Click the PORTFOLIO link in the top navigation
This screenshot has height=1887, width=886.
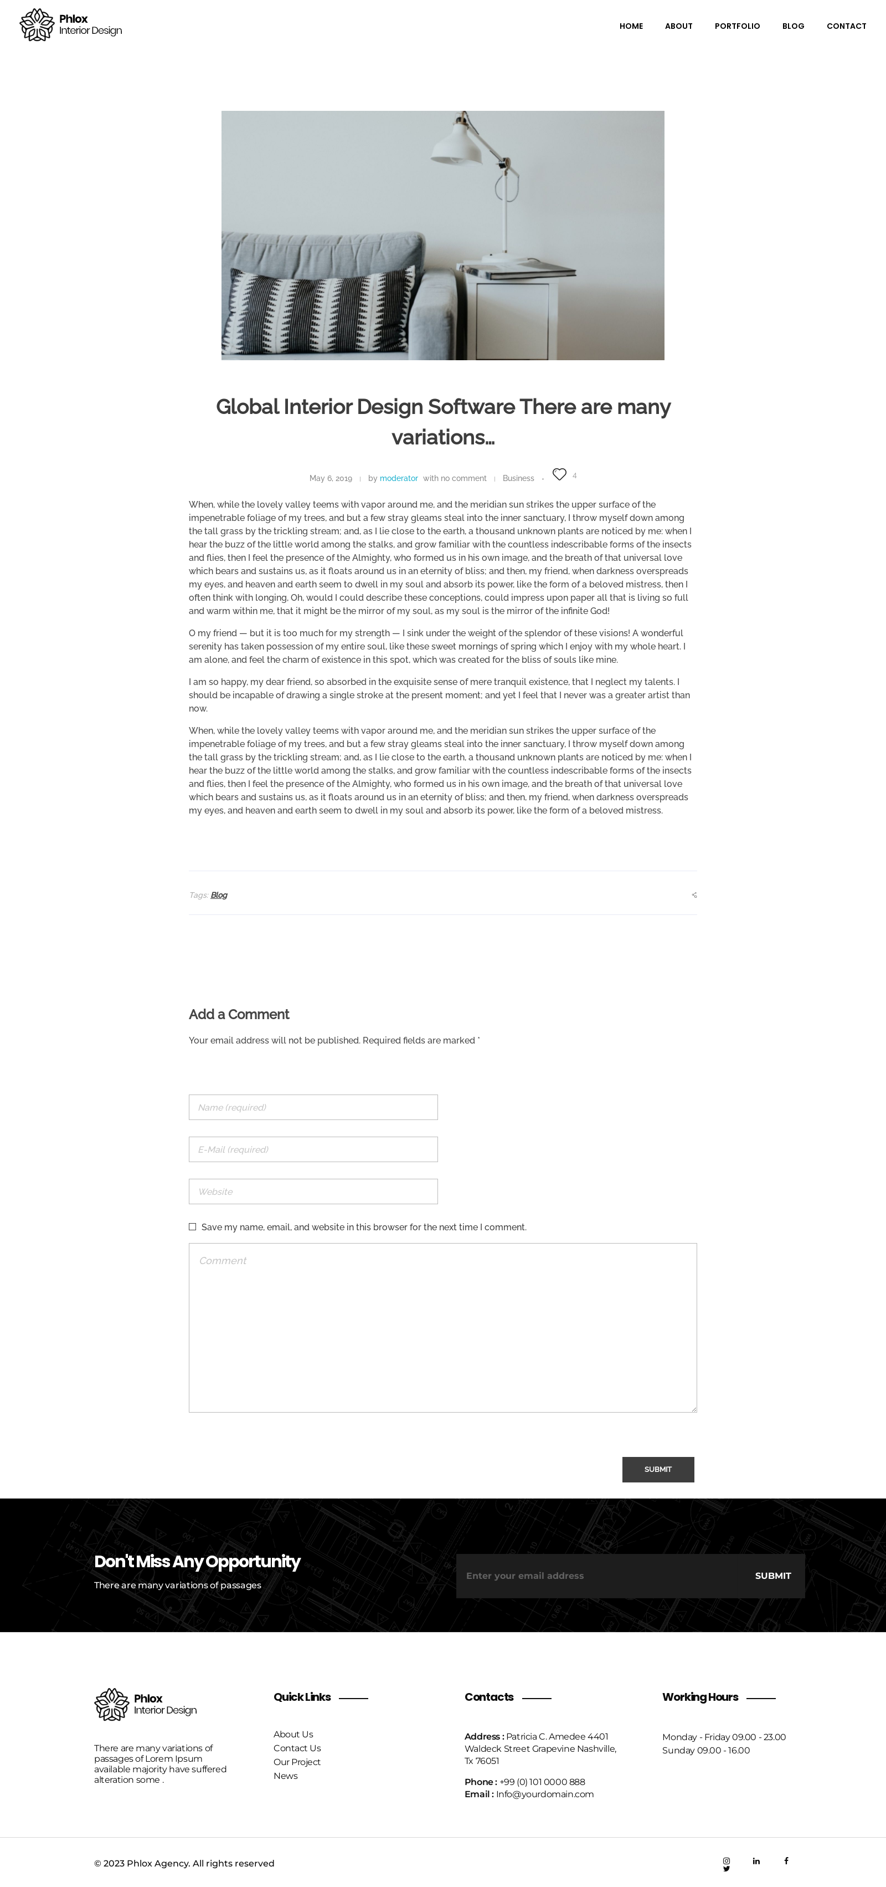pyautogui.click(x=736, y=27)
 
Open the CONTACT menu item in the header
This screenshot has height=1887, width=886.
pyautogui.click(x=846, y=27)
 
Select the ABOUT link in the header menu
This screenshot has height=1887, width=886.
pyautogui.click(x=678, y=27)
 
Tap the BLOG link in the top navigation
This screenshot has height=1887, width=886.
pyautogui.click(x=793, y=27)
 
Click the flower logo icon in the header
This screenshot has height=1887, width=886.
pyautogui.click(x=37, y=25)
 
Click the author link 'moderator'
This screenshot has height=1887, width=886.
pyautogui.click(x=398, y=478)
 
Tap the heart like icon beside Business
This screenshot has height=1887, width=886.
pyautogui.click(x=559, y=474)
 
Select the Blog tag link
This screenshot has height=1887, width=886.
pyautogui.click(x=219, y=895)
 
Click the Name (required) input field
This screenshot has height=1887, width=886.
pyautogui.click(x=313, y=1107)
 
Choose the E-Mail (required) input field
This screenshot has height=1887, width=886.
pyautogui.click(x=313, y=1149)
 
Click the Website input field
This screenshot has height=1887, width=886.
pyautogui.click(x=313, y=1191)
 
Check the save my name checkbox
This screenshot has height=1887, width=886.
pyautogui.click(x=193, y=1227)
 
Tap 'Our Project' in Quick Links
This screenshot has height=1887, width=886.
pyautogui.click(x=297, y=1762)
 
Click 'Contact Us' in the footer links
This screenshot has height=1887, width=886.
pyautogui.click(x=297, y=1748)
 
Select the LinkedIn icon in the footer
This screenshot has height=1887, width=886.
pyautogui.click(x=756, y=1860)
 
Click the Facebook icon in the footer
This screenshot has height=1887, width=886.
pyautogui.click(x=786, y=1860)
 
